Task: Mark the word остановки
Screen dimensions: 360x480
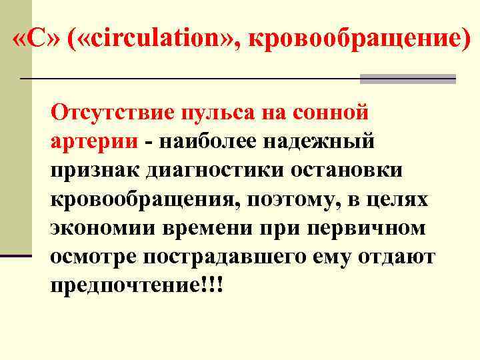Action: (x=346, y=170)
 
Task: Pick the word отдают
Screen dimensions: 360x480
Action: (x=399, y=257)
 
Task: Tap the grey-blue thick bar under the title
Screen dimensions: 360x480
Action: (x=407, y=79)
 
